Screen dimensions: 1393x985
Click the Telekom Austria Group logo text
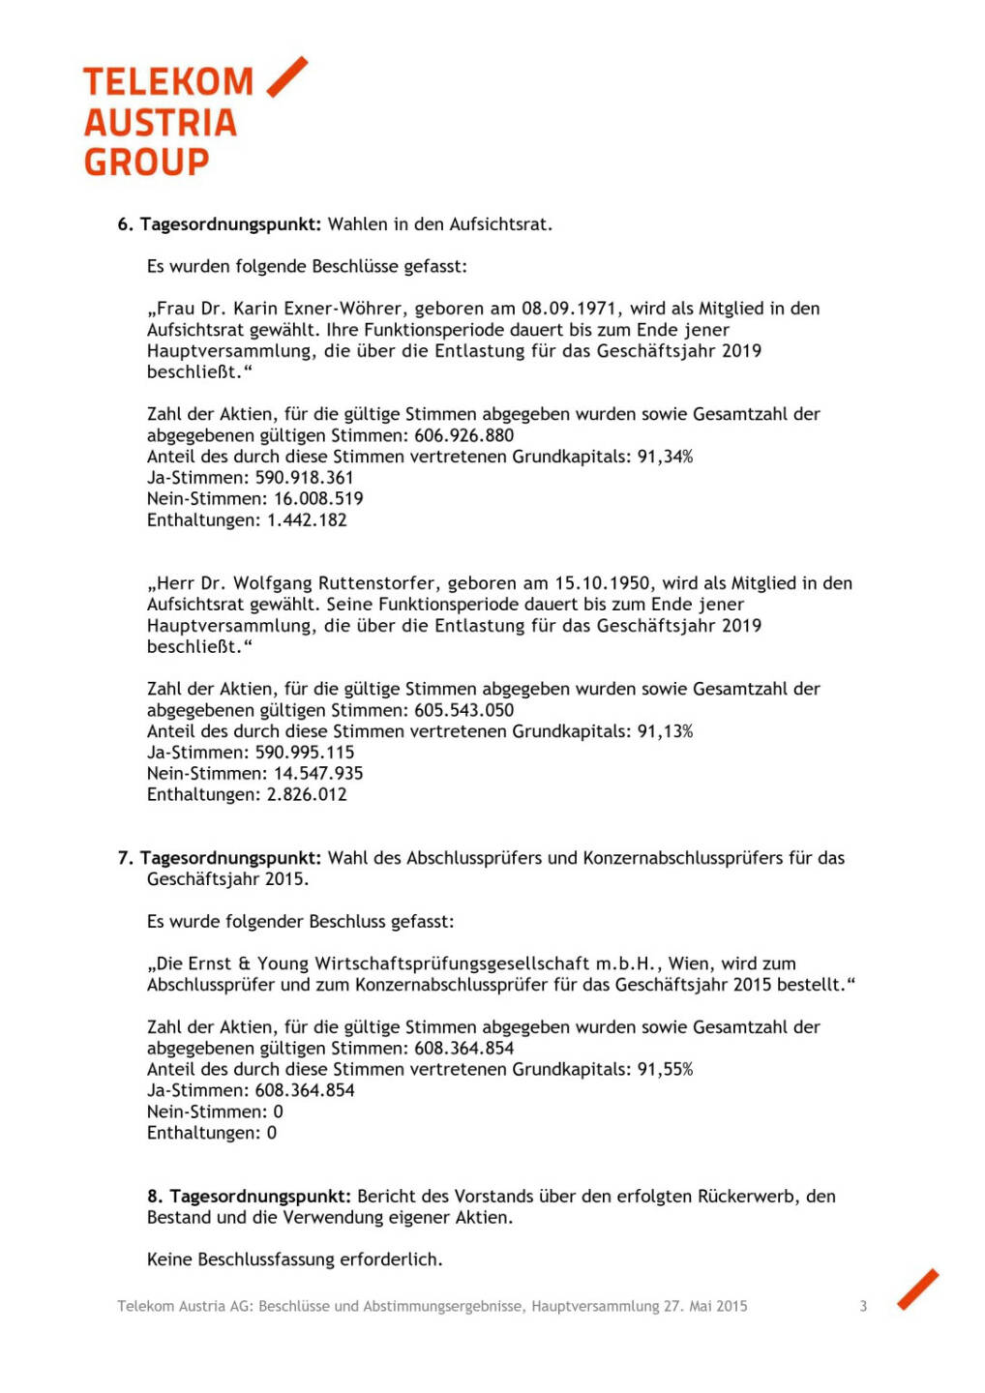(161, 122)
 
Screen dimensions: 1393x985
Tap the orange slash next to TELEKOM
(286, 77)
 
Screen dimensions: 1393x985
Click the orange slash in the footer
(917, 1289)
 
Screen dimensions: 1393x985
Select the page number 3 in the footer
(863, 1306)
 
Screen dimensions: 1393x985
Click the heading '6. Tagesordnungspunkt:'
(219, 224)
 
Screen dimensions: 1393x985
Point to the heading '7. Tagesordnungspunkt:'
(219, 858)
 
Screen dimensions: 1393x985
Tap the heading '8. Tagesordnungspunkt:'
(249, 1197)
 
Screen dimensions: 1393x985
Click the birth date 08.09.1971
(570, 309)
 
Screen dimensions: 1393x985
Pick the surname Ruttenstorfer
(376, 583)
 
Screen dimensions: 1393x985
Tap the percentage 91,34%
(665, 457)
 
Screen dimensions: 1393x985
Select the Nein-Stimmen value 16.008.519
(318, 499)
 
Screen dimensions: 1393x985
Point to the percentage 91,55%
(665, 1070)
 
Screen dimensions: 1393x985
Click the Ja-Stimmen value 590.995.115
(305, 753)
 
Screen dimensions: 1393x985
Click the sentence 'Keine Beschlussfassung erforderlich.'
(294, 1260)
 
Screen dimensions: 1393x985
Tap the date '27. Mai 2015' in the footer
(704, 1306)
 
